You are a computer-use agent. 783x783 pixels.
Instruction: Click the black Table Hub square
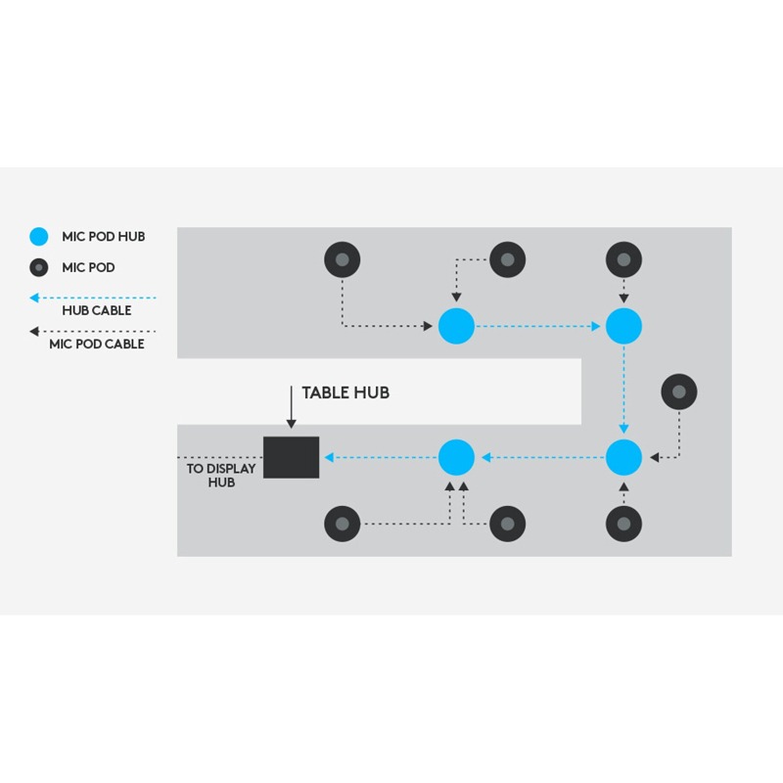[291, 457]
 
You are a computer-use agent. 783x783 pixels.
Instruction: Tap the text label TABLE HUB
[345, 392]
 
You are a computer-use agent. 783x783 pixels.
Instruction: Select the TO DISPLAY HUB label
[221, 476]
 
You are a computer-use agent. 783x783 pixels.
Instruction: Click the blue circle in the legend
[39, 236]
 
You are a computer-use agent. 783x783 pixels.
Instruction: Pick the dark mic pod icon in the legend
[39, 267]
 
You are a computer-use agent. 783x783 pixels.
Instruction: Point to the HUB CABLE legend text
[97, 310]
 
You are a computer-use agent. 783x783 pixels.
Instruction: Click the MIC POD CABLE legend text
[97, 344]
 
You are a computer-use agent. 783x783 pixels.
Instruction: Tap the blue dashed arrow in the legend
[93, 299]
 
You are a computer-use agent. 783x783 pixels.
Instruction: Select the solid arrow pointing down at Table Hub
[291, 407]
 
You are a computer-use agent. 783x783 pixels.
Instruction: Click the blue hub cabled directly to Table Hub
[456, 457]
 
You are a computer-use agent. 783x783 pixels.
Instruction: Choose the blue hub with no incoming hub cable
[456, 326]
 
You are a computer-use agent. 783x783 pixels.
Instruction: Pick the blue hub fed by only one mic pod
[623, 326]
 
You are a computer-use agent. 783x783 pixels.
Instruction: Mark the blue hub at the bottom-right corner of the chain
[623, 457]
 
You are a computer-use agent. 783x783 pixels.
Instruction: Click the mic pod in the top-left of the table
[342, 259]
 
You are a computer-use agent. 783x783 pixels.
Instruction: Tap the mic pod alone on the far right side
[679, 391]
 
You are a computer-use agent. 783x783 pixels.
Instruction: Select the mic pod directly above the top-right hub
[623, 259]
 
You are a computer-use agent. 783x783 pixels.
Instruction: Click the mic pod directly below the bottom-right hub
[623, 524]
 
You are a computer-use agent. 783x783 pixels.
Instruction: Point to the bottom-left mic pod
[342, 524]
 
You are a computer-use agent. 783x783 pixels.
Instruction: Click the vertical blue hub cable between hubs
[623, 390]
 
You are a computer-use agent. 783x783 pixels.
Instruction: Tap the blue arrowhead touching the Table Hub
[329, 457]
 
